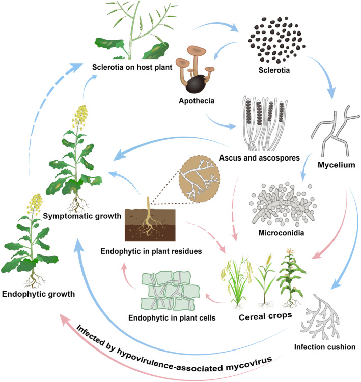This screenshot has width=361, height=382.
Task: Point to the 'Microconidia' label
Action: click(x=276, y=236)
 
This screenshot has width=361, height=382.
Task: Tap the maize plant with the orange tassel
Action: click(x=289, y=274)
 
